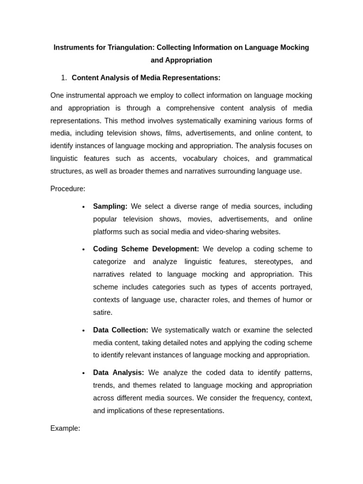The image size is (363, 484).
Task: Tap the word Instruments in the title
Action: click(x=73, y=48)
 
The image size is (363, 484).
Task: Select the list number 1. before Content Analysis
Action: click(x=64, y=78)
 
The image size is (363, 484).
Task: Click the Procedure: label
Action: click(x=68, y=189)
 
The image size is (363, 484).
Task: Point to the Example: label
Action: click(x=65, y=428)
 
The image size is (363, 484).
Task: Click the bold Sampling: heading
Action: click(x=110, y=207)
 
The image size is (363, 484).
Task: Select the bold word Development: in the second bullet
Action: click(x=177, y=249)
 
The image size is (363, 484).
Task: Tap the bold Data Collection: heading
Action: click(x=121, y=330)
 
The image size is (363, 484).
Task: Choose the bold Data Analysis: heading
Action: click(x=118, y=372)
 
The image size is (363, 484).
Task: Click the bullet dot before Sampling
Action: click(x=84, y=207)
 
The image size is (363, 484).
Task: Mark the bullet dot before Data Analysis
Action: click(x=84, y=373)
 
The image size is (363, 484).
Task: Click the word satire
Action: click(x=103, y=312)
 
